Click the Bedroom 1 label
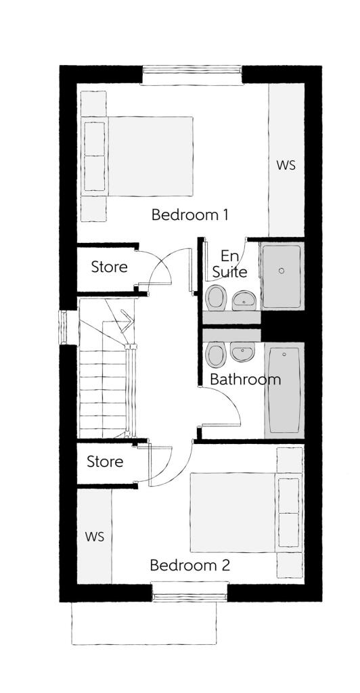pos(189,215)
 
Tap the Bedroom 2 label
pos(189,565)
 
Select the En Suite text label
pos(229,265)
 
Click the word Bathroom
pos(245,379)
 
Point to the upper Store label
pos(109,267)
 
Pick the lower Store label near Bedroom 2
pos(105,462)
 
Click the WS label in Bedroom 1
pos(286,165)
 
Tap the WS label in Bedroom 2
pos(95,537)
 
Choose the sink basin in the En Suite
pos(244,299)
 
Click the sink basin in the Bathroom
pos(242,351)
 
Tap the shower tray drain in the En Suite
pos(282,271)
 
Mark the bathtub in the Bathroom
pos(284,390)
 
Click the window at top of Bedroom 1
pos(192,74)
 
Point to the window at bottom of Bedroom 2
pos(189,595)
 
